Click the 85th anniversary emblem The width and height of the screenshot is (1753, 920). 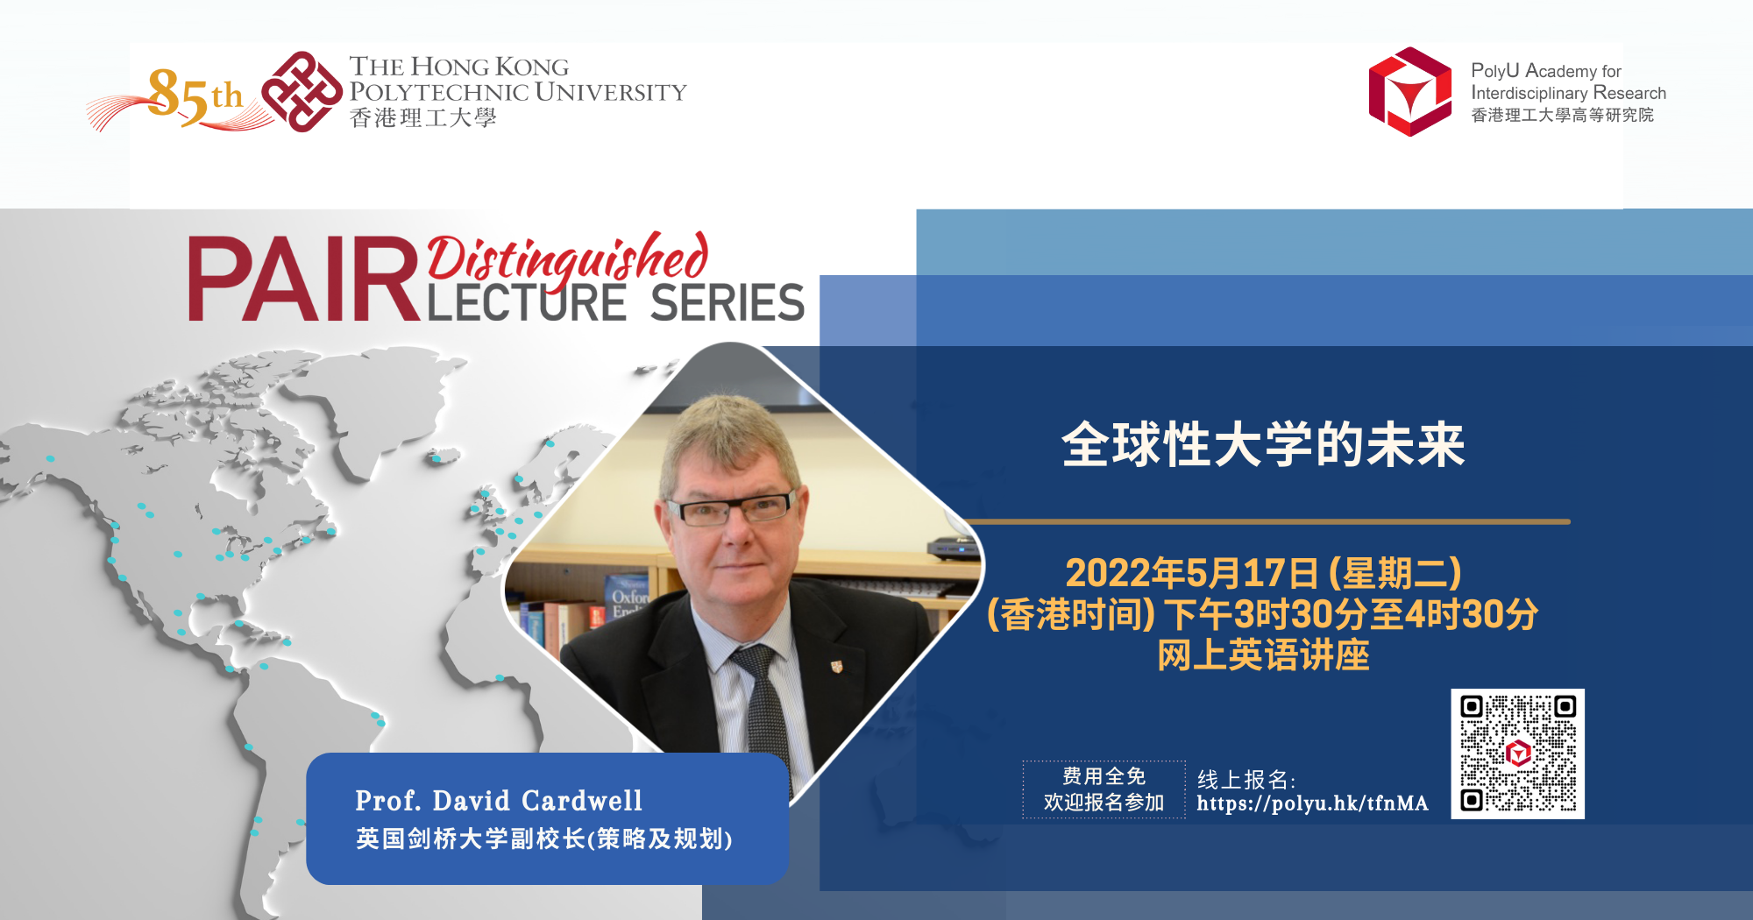[x=188, y=96]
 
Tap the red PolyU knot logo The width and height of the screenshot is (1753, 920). [x=302, y=91]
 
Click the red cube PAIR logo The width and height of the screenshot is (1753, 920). [x=1409, y=91]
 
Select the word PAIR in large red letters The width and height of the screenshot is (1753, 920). [x=302, y=279]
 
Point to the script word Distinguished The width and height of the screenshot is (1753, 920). [x=567, y=258]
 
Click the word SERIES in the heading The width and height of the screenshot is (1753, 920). [x=727, y=303]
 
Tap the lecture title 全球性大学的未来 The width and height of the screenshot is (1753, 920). [x=1262, y=444]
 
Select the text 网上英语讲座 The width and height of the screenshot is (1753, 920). [x=1262, y=655]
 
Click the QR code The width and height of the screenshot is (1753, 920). [x=1517, y=754]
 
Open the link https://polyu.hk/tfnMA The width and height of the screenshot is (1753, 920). [x=1311, y=803]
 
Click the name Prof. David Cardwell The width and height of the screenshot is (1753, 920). [x=499, y=801]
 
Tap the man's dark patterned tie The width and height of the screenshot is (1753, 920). [x=762, y=701]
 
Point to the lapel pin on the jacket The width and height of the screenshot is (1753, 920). [x=836, y=667]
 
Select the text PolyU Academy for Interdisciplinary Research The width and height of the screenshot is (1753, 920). [x=1567, y=81]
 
